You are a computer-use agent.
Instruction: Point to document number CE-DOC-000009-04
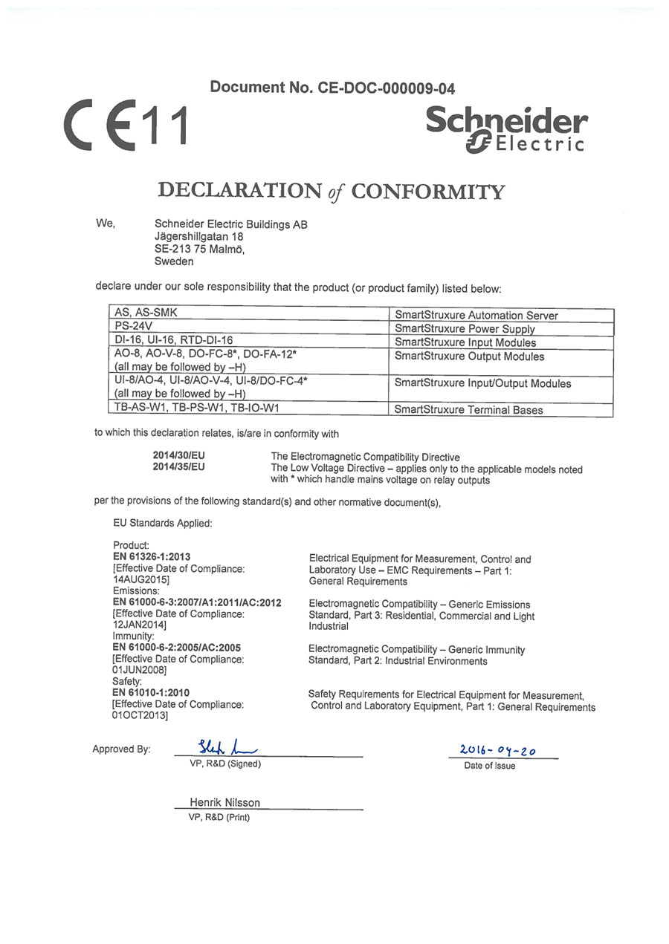point(332,88)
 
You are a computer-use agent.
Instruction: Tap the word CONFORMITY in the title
point(427,192)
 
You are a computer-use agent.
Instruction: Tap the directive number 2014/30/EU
point(178,456)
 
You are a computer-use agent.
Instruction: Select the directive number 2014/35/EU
point(178,467)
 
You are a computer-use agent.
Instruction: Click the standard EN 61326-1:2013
point(152,556)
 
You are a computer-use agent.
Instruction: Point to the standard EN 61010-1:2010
point(151,692)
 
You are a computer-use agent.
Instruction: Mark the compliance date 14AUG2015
point(140,579)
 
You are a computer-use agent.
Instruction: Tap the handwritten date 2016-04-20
point(497,751)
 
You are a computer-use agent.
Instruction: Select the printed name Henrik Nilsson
point(224,802)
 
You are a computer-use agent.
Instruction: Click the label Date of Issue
point(489,766)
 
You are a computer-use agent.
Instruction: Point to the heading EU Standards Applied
point(163,523)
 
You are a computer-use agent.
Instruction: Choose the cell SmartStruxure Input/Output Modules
point(482,383)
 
